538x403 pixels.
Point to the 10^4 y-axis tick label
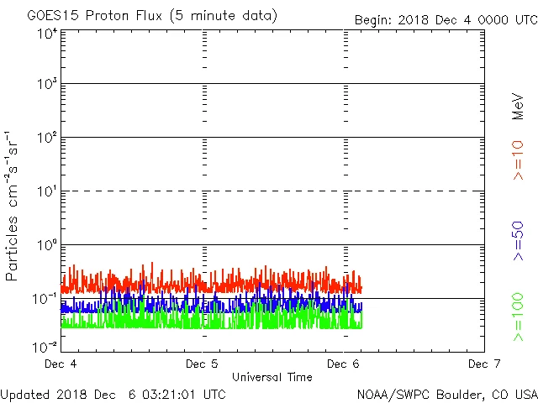coord(47,33)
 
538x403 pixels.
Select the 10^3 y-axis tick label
coord(47,86)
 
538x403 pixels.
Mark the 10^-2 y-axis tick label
coord(45,346)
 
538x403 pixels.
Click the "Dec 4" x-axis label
coord(61,364)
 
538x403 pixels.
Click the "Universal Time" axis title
coord(272,377)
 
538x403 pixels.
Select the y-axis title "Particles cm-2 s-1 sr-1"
coord(13,205)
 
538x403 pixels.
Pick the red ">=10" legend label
coord(519,160)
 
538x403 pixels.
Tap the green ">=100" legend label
coord(519,317)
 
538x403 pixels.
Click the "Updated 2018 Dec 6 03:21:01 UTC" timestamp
coord(113,393)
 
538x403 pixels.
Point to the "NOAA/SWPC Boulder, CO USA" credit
coord(446,393)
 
